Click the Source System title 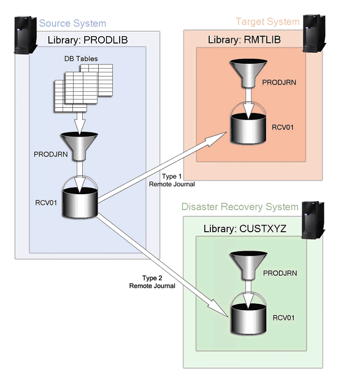click(72, 23)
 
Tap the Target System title click(267, 21)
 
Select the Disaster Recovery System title click(240, 207)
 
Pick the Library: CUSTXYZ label click(243, 229)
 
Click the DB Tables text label click(81, 59)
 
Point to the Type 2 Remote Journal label click(151, 281)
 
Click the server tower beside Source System click(22, 36)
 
